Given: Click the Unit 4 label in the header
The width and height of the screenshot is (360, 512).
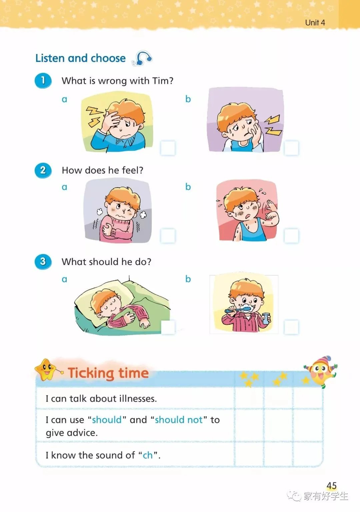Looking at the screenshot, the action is (x=315, y=23).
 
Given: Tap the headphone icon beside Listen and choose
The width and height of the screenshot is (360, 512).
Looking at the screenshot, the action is (x=142, y=58).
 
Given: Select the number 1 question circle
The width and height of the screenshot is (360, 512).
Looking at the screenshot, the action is (x=43, y=81).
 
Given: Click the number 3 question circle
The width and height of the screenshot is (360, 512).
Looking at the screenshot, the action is (x=43, y=262).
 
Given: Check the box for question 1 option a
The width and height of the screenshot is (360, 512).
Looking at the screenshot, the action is (x=168, y=148).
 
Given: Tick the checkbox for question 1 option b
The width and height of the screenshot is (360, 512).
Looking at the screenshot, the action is (x=291, y=148).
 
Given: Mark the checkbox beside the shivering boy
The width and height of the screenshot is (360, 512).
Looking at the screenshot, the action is (x=168, y=236).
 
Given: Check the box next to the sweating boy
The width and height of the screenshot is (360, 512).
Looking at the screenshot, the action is (x=291, y=236).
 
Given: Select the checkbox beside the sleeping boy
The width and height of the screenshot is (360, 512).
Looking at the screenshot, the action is (x=168, y=327).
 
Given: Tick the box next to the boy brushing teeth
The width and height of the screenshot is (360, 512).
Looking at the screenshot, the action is (x=291, y=327).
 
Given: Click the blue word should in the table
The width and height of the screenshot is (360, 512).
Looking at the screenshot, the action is (x=107, y=420).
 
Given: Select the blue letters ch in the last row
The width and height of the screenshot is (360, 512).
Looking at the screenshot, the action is (x=148, y=455).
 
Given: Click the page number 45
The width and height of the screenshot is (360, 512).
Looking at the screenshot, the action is (x=332, y=485).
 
